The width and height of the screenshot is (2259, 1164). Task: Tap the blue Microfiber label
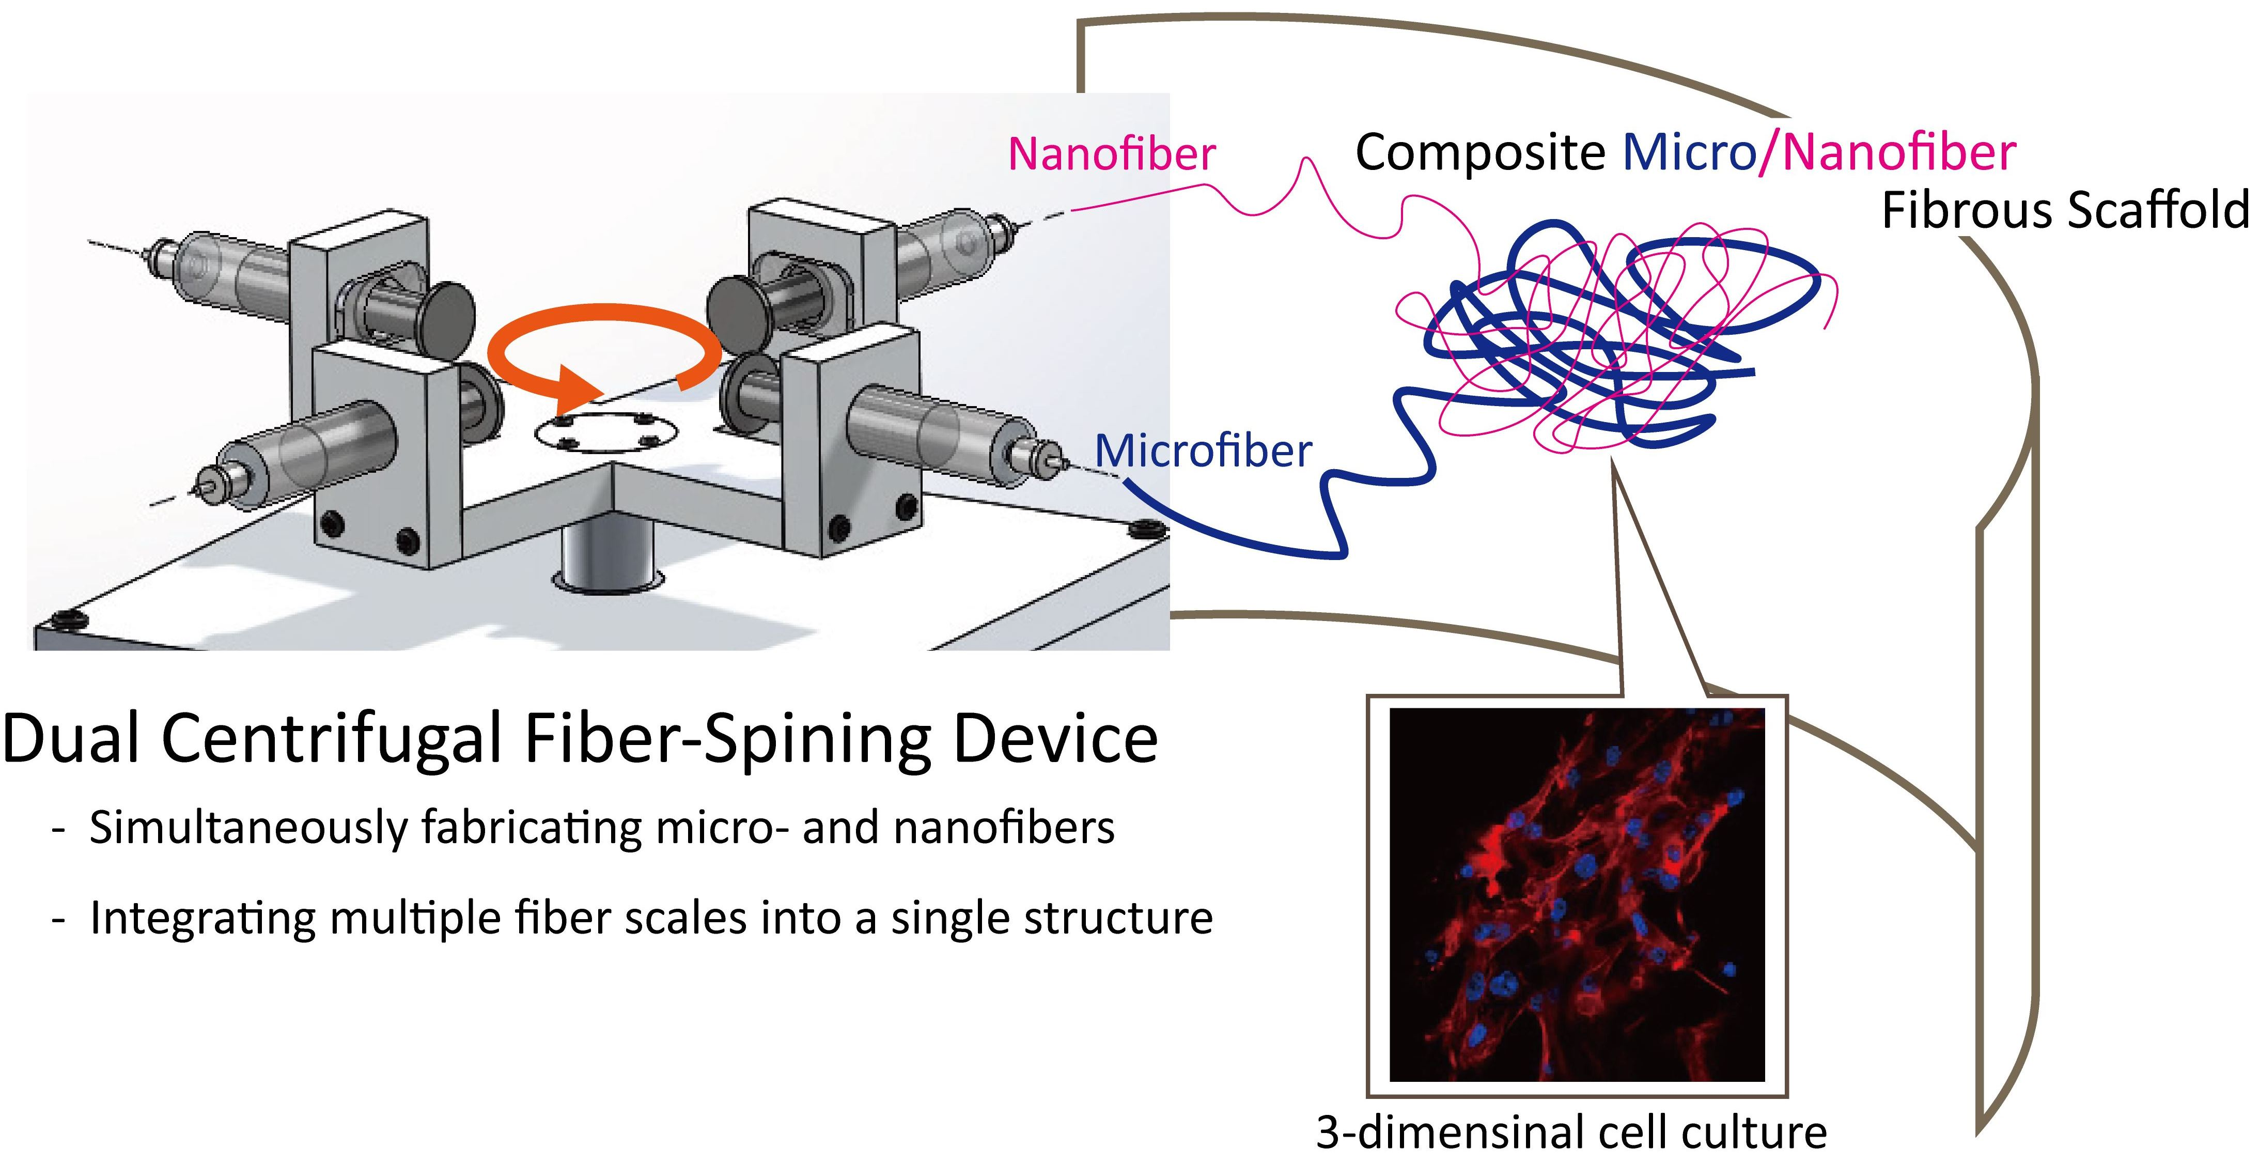coord(1203,452)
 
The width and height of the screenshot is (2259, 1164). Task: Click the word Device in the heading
coord(1055,739)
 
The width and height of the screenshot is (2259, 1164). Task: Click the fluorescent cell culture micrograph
coord(1577,895)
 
